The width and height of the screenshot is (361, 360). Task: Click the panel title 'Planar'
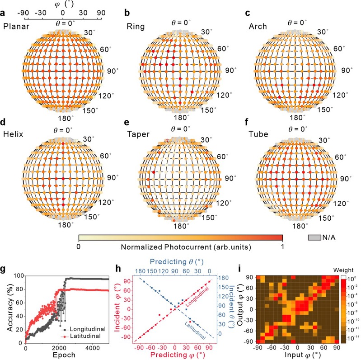16,26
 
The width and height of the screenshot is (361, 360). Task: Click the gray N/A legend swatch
313,237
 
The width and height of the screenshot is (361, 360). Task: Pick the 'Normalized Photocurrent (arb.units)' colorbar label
180,248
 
